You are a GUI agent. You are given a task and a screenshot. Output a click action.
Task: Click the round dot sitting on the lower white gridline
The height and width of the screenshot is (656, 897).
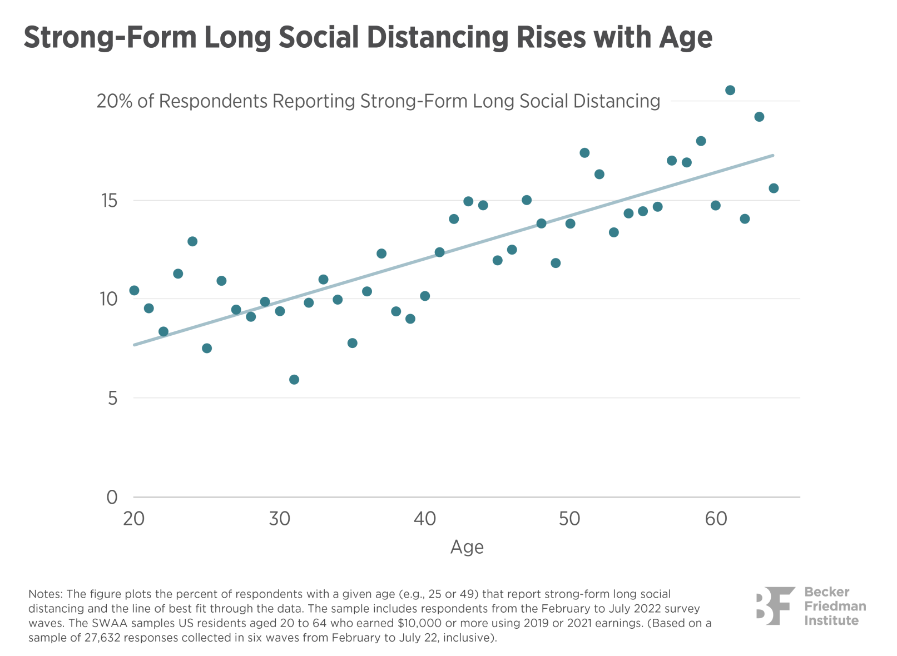click(265, 301)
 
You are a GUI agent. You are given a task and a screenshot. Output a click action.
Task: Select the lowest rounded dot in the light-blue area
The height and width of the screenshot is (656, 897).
click(163, 331)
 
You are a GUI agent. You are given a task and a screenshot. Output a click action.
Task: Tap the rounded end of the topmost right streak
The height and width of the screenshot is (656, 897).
click(686, 162)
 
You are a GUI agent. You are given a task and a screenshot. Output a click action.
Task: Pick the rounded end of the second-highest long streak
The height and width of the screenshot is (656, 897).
click(599, 175)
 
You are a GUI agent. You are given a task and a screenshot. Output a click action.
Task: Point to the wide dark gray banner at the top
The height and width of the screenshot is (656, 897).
click(448, 38)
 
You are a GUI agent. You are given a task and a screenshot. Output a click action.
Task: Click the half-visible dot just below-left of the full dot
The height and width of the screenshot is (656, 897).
click(236, 310)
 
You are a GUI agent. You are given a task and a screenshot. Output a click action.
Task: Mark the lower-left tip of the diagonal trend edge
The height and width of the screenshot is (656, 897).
click(146, 345)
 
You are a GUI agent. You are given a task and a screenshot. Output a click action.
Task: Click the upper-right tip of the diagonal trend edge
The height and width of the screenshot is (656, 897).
click(687, 183)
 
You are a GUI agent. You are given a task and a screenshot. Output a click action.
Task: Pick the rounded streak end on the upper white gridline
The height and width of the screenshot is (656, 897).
click(526, 201)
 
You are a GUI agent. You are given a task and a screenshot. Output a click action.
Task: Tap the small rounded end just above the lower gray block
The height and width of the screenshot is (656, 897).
click(134, 290)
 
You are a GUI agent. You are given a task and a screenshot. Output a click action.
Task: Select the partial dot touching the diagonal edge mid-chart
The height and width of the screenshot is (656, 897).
click(439, 252)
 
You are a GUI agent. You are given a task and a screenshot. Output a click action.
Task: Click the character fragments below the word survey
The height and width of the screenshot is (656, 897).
click(698, 623)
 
